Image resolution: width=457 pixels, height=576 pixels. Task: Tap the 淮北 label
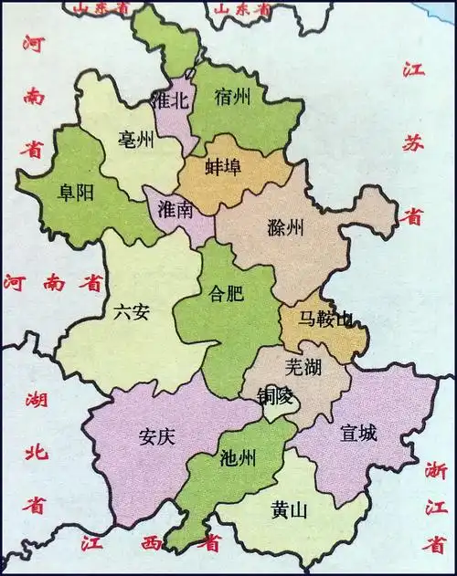[x=171, y=100]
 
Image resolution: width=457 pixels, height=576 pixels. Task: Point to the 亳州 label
[x=137, y=140]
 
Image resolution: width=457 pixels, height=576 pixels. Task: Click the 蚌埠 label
[x=224, y=173]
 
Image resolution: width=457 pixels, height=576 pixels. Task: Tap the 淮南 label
[x=175, y=210]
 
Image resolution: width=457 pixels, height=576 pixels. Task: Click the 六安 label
[x=133, y=311]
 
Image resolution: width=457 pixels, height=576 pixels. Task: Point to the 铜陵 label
[x=274, y=394]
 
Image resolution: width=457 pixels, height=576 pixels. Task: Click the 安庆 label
[x=155, y=435]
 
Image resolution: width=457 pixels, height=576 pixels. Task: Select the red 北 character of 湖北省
[x=35, y=450]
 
